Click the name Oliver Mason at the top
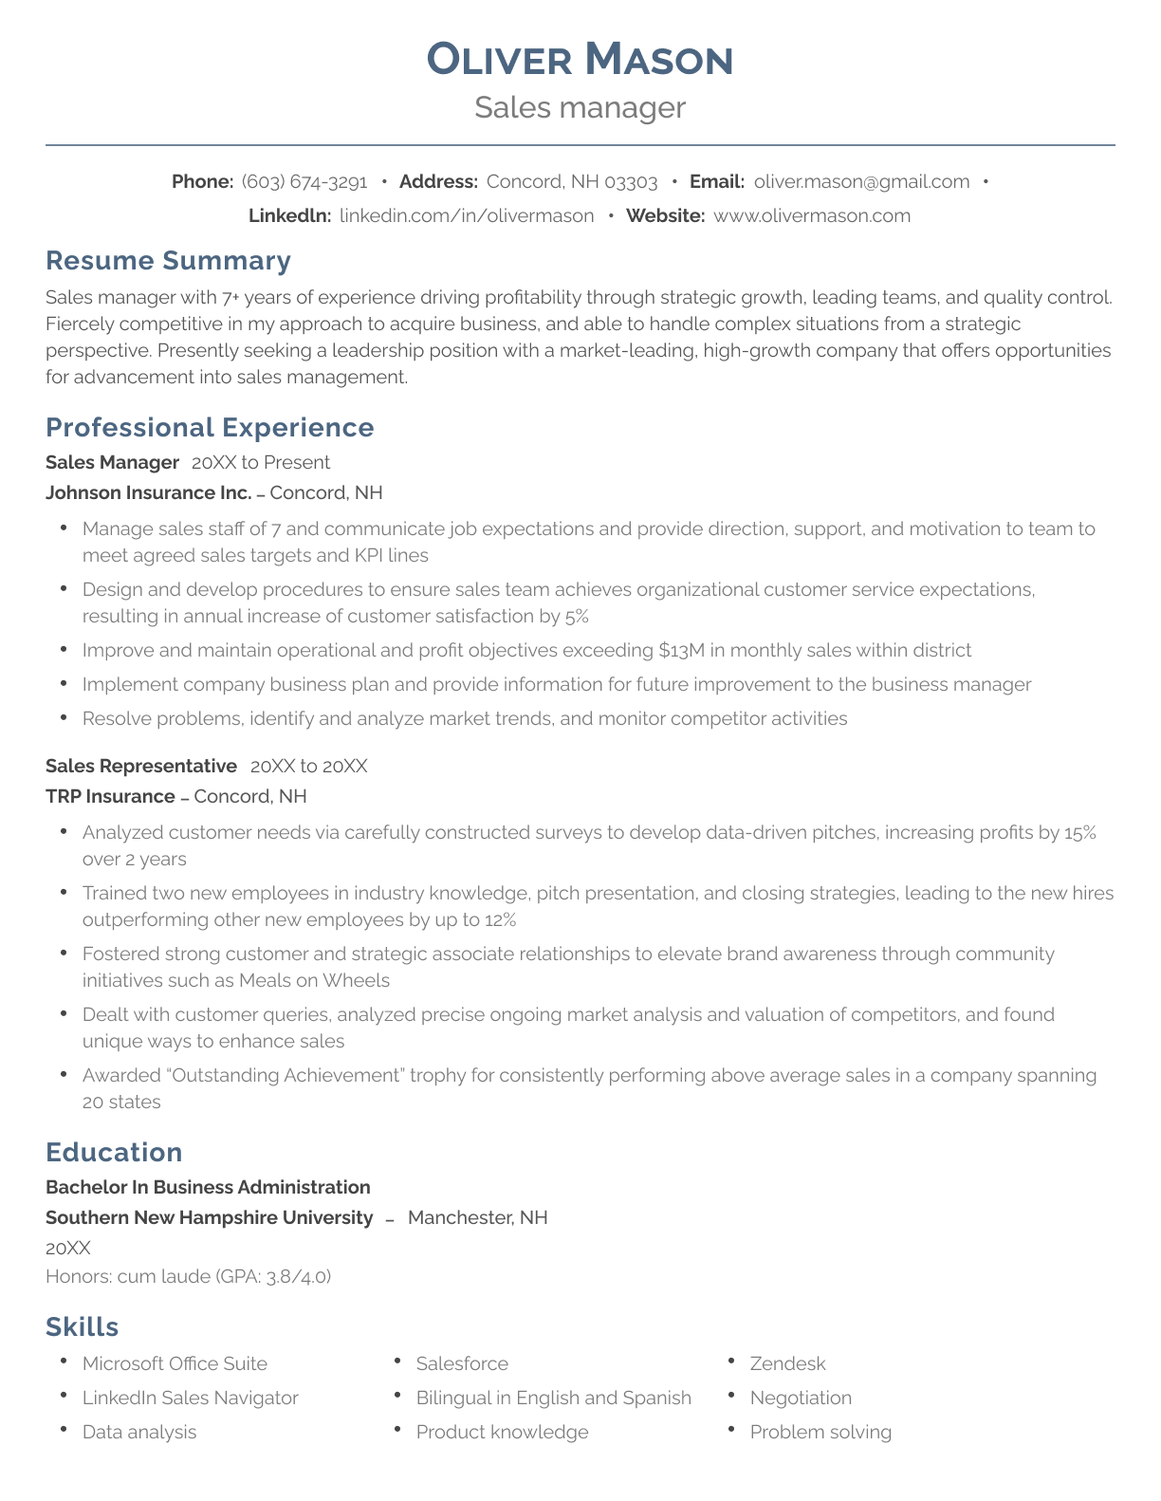pos(580,59)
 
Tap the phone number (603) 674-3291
pos(304,181)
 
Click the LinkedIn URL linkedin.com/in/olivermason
pos(467,215)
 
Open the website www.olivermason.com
pos(811,215)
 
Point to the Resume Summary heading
pos(168,261)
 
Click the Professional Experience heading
pos(210,428)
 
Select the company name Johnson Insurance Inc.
pos(149,492)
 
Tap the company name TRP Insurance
pos(110,796)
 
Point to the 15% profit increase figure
pos(1079,832)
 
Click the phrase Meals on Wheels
pos(314,980)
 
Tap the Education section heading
pos(114,1153)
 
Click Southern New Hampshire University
pos(209,1217)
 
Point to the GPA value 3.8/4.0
pos(297,1276)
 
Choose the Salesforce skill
pos(462,1363)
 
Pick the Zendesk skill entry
pos(787,1363)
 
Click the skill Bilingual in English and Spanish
pos(553,1398)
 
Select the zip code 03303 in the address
pos(631,181)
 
